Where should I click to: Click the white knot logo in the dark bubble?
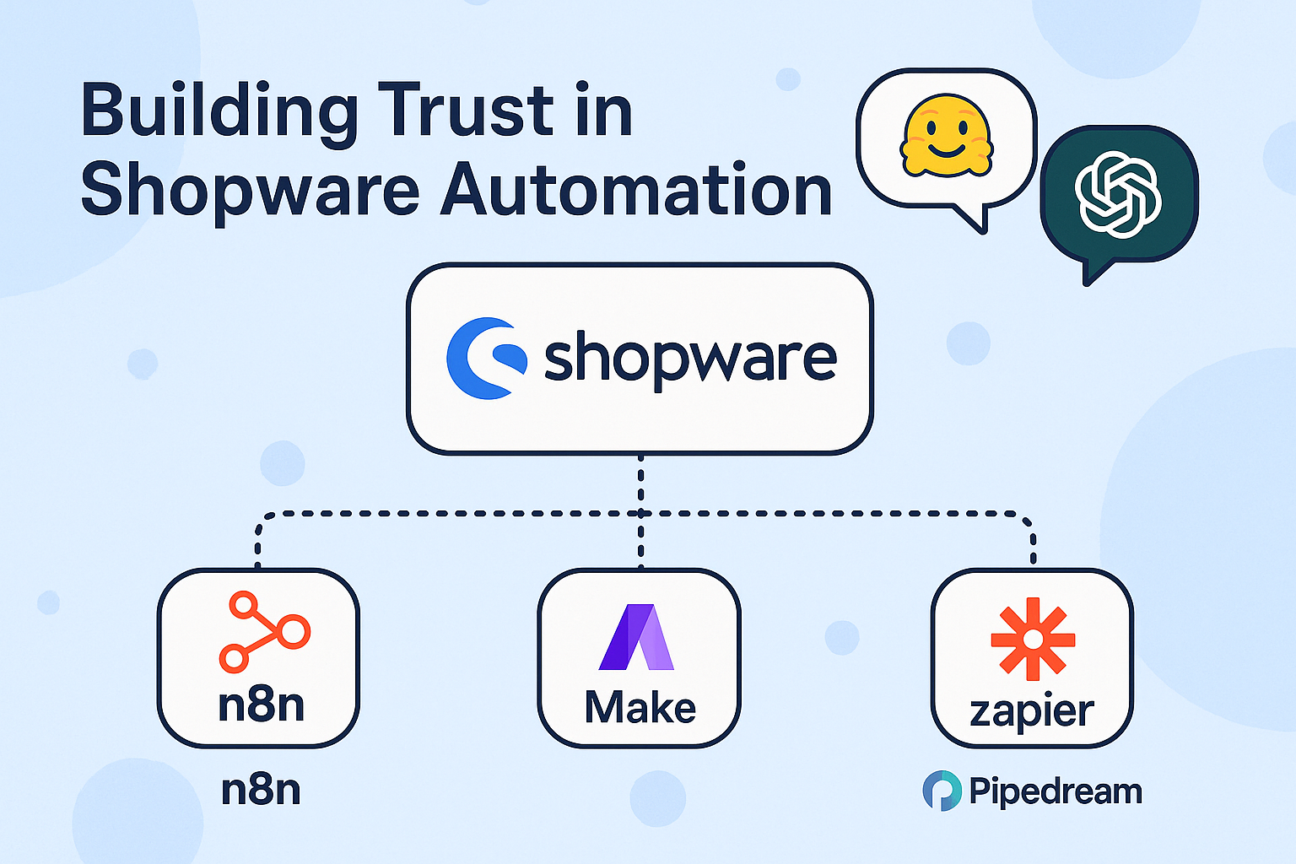1118,193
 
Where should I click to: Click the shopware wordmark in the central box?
689,359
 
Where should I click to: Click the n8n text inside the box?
261,705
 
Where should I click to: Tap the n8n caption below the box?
261,791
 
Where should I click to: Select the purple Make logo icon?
637,637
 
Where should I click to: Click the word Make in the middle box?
640,707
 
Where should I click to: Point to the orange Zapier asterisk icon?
1033,639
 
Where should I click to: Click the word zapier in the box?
1032,711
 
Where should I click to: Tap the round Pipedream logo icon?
942,791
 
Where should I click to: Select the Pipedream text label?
1056,791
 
